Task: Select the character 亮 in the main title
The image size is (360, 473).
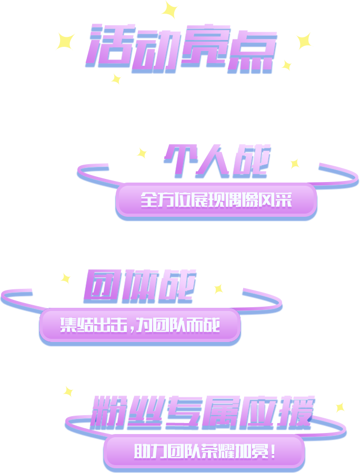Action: (x=205, y=48)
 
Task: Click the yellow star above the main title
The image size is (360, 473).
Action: (x=169, y=9)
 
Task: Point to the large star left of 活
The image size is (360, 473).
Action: (x=65, y=41)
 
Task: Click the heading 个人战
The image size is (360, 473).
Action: (x=217, y=161)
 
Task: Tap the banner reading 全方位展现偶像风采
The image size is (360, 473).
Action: (x=216, y=200)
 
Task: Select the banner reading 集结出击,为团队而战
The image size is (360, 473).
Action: (x=139, y=326)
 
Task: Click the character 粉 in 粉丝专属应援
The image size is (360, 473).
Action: (x=108, y=412)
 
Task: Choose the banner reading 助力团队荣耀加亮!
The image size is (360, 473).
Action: (x=204, y=451)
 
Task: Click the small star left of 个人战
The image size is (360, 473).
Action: (x=142, y=153)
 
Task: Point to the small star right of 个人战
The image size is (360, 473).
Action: (x=295, y=164)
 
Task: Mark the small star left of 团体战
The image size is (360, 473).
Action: (x=65, y=278)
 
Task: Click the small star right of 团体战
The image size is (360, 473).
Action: (x=218, y=289)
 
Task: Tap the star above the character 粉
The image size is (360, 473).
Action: (x=68, y=391)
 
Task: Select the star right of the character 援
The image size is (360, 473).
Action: (x=340, y=407)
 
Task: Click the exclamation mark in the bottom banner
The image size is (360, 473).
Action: (x=273, y=451)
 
